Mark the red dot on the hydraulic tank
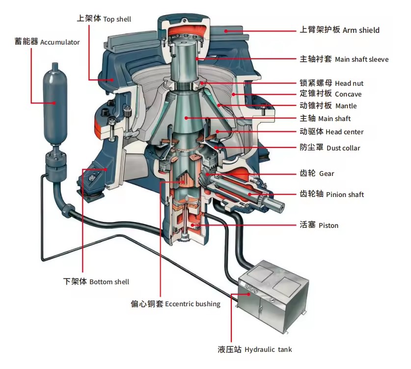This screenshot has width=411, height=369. click(x=249, y=294)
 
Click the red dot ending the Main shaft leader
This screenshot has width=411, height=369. click(x=186, y=118)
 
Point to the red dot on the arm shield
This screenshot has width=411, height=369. click(x=225, y=31)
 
